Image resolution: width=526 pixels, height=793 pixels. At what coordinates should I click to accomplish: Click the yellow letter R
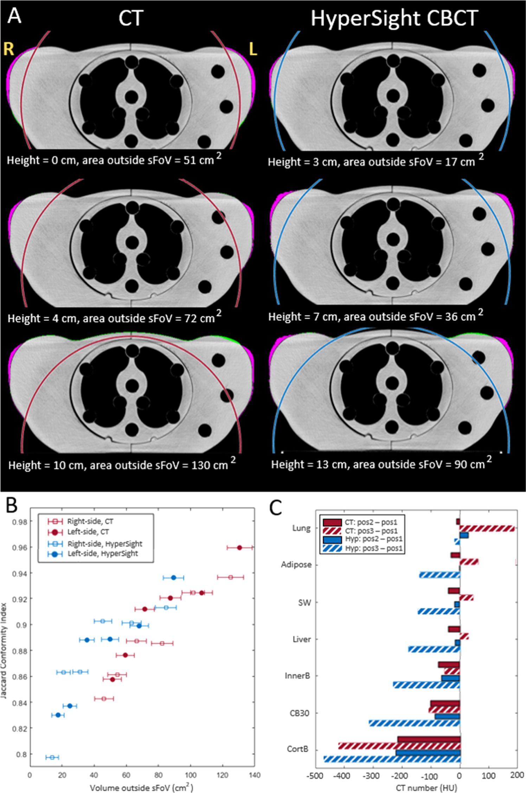pos(9,49)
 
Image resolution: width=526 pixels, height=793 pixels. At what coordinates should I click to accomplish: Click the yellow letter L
pos(252,49)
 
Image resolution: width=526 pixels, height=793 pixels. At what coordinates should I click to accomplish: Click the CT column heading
pos(131,18)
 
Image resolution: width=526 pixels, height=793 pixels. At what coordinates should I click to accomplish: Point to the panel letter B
pos(12,505)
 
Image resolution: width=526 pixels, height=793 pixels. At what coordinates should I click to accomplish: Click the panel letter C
pos(276,508)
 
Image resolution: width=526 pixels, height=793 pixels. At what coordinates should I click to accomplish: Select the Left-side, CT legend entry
pos(88,532)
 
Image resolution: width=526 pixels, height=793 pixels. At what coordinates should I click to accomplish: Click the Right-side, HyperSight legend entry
pos(104,544)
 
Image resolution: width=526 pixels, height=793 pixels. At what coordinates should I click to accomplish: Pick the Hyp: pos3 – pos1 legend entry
pos(373,548)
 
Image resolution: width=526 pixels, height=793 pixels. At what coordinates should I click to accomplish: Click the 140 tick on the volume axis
pos(254,775)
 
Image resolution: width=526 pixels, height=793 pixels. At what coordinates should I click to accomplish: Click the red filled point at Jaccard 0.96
pos(239,547)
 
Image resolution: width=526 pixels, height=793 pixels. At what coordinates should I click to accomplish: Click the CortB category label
pos(297,749)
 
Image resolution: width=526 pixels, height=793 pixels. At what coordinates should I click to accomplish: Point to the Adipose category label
pos(296,565)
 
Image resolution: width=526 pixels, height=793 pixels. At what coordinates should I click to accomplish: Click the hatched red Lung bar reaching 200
pos(487,528)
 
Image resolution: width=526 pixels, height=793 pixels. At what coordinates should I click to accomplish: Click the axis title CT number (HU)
pos(426,787)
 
